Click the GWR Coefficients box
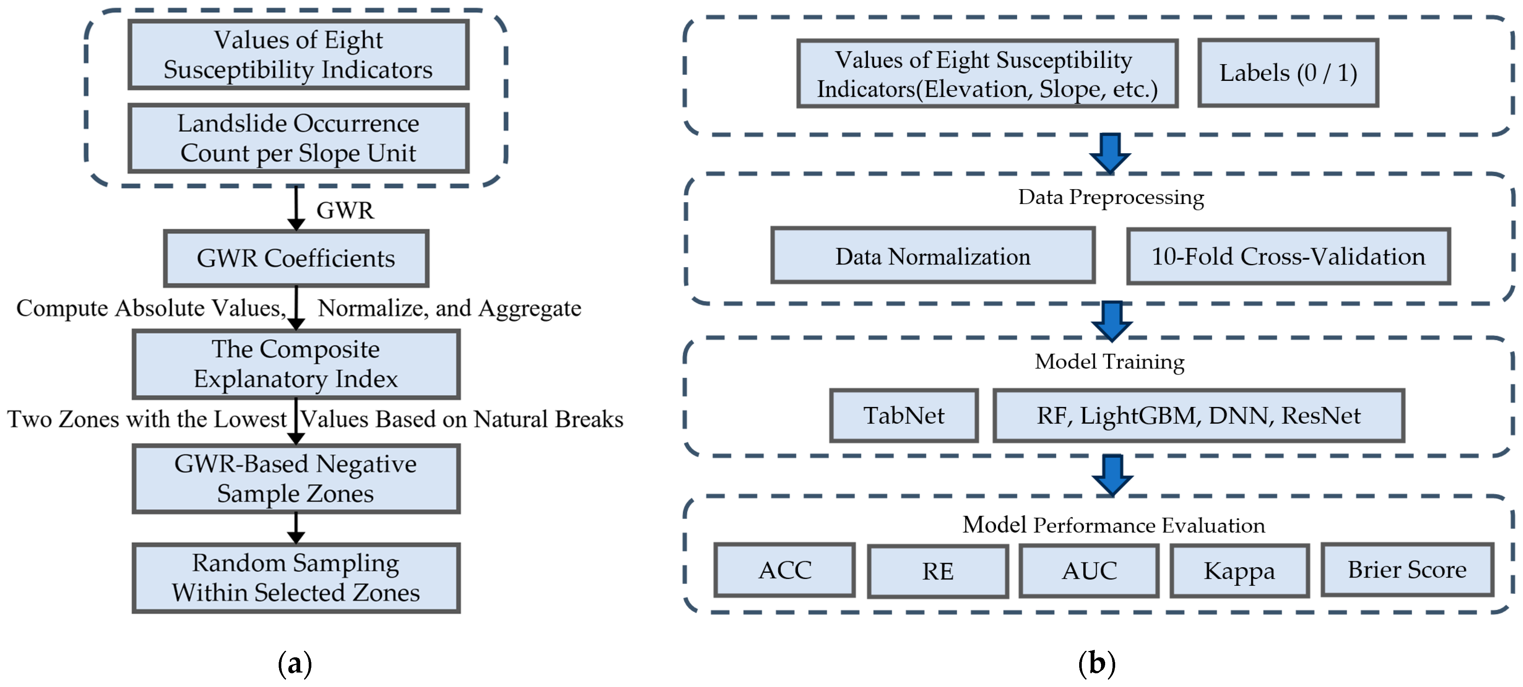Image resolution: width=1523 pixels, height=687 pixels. coord(296,258)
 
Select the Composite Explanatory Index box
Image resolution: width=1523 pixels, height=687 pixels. coord(296,364)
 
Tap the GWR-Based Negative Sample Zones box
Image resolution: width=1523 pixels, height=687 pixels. coord(296,479)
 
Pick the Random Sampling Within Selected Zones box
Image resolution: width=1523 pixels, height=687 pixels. coord(296,578)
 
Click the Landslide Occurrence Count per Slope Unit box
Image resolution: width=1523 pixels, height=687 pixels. coord(299,138)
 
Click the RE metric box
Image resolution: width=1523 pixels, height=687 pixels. coord(938,571)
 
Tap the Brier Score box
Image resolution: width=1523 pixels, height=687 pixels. coord(1407,570)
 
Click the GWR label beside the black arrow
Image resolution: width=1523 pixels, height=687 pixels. coord(345,210)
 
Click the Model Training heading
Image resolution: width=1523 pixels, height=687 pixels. coord(1109,361)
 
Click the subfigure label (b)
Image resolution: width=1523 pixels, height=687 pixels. coord(1097,663)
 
